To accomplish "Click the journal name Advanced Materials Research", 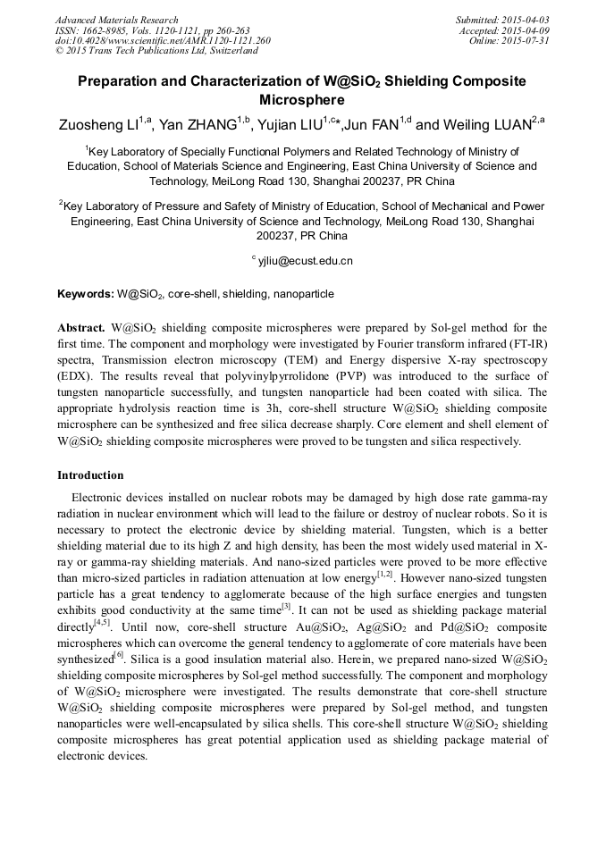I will [x=117, y=20].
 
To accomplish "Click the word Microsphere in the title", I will [x=302, y=100].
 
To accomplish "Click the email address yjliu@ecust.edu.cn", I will [x=306, y=261].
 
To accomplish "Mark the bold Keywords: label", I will [x=86, y=294].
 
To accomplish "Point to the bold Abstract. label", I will [x=82, y=328].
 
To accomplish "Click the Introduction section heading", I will [x=90, y=475].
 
